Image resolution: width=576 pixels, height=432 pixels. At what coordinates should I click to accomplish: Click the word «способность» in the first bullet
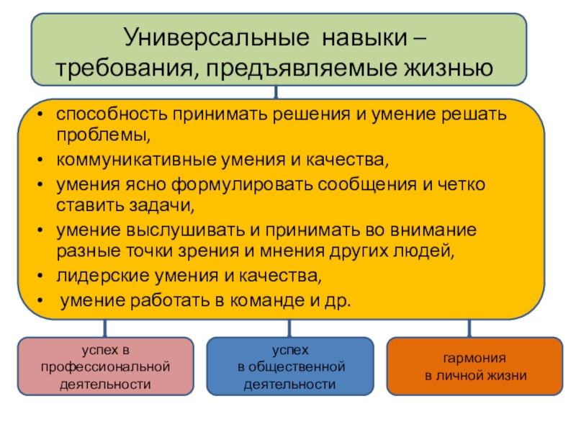109,114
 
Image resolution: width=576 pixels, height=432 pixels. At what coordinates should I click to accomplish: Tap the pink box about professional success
106,366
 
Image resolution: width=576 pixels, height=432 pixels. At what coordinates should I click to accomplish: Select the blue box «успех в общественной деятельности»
290,366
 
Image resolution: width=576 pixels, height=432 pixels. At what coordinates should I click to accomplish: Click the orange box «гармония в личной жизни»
474,366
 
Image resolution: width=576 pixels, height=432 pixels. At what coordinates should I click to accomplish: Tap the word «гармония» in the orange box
474,358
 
